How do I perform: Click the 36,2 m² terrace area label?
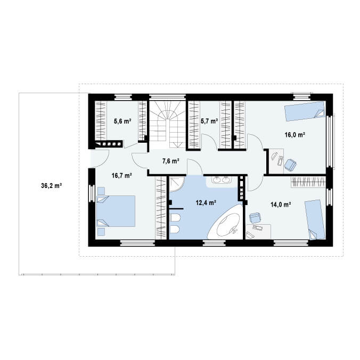(52, 185)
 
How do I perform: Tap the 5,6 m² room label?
(122, 121)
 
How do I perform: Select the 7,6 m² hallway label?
(171, 161)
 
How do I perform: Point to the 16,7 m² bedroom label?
(121, 176)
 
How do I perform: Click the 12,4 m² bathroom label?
(206, 203)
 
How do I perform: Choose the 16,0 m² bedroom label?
(295, 135)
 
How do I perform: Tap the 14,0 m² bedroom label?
(281, 204)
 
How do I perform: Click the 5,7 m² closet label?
(209, 121)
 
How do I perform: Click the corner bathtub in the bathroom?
(225, 223)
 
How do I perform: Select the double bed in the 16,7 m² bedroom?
(116, 211)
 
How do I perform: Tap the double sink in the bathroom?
(222, 180)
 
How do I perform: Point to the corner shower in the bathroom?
(177, 184)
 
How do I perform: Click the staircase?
(167, 125)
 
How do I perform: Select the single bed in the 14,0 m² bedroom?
(315, 220)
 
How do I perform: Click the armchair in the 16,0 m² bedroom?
(290, 165)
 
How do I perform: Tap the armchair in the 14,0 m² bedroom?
(255, 218)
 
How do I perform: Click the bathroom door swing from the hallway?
(195, 167)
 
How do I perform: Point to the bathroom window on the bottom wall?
(214, 243)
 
